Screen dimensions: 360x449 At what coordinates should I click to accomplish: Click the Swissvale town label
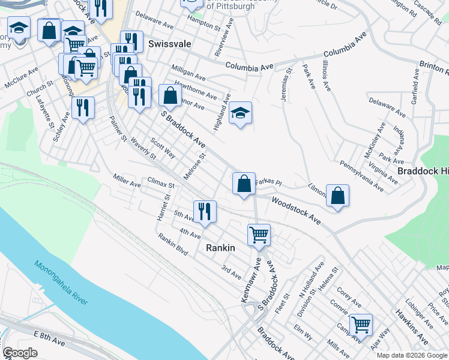(169, 44)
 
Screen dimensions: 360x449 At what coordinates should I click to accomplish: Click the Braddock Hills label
(423, 171)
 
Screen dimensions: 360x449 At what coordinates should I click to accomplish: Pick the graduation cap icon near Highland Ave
(240, 113)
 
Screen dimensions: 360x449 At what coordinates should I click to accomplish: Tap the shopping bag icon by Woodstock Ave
(338, 195)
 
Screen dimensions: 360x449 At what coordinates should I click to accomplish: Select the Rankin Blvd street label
(173, 245)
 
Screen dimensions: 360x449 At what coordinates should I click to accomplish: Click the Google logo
(20, 353)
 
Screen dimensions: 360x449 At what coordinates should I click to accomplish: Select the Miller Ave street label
(127, 181)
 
